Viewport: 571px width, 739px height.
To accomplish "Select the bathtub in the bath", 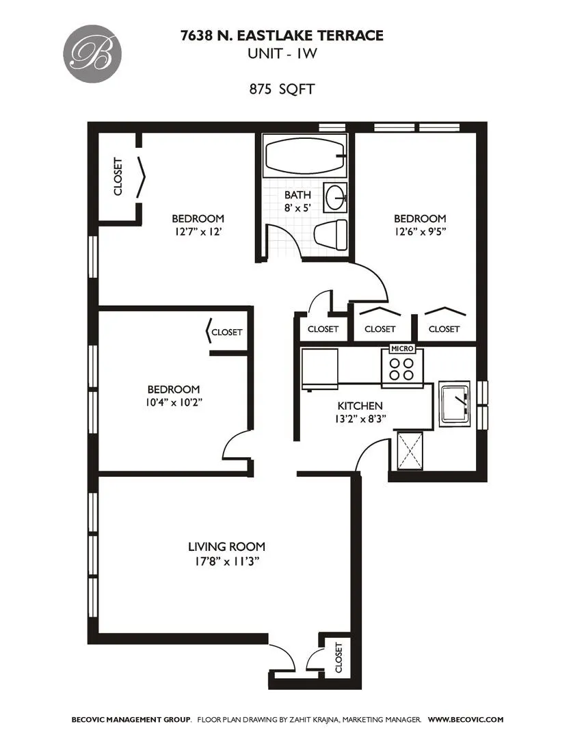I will click(304, 157).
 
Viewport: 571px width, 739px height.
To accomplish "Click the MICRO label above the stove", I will click(401, 348).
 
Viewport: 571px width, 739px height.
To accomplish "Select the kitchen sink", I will click(453, 402).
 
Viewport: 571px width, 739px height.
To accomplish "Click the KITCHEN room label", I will click(360, 406).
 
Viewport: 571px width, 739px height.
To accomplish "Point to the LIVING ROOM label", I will click(226, 547).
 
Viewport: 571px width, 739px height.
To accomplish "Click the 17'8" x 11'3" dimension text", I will click(226, 562).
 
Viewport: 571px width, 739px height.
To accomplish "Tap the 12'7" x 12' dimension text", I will click(198, 231).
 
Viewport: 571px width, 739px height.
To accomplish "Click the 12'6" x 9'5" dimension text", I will click(420, 231).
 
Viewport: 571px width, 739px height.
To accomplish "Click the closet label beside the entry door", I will click(338, 658).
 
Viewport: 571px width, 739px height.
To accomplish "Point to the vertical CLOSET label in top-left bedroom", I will click(118, 177).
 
